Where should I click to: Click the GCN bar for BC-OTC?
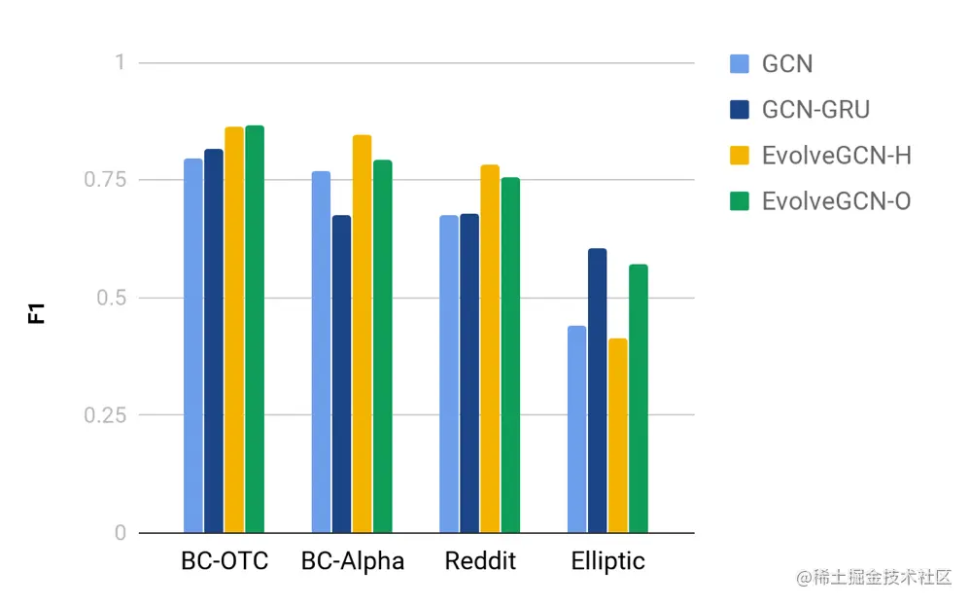[193, 345]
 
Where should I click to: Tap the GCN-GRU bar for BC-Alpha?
[341, 374]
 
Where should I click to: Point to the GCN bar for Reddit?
[448, 374]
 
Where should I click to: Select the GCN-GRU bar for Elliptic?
[597, 390]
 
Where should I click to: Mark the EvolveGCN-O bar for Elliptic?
[638, 398]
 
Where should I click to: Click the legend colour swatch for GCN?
[739, 64]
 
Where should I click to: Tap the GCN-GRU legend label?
[815, 110]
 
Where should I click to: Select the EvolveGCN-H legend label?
[836, 156]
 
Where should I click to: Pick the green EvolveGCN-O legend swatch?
[739, 201]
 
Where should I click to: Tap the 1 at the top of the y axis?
[121, 62]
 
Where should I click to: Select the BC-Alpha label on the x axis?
[353, 562]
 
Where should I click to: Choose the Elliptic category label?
[607, 562]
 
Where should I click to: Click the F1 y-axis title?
[37, 313]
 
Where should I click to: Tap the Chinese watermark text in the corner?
[874, 578]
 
